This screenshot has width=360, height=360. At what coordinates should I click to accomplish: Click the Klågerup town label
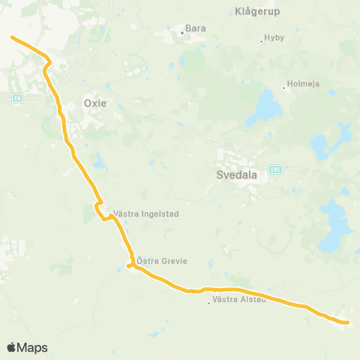[256, 12]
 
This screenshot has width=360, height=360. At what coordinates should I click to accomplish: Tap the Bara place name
[195, 28]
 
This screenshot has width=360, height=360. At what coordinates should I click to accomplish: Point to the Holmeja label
[304, 84]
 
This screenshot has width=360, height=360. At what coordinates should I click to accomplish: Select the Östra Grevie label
[161, 261]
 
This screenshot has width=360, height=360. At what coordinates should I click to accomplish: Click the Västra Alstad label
[238, 300]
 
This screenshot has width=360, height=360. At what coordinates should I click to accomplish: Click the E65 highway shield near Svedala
[275, 169]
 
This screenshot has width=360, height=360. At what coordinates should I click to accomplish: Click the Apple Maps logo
[27, 348]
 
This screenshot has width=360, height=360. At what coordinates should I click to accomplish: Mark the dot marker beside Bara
[181, 32]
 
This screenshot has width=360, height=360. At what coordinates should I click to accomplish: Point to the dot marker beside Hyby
[261, 40]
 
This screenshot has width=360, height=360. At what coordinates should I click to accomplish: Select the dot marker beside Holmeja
[283, 88]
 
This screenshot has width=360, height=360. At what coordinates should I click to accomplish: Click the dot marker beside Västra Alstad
[208, 303]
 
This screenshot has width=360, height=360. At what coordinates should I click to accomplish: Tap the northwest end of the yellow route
[10, 36]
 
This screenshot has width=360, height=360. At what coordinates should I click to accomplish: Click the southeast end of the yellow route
[349, 322]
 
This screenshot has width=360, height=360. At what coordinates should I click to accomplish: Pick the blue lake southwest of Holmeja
[263, 107]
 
